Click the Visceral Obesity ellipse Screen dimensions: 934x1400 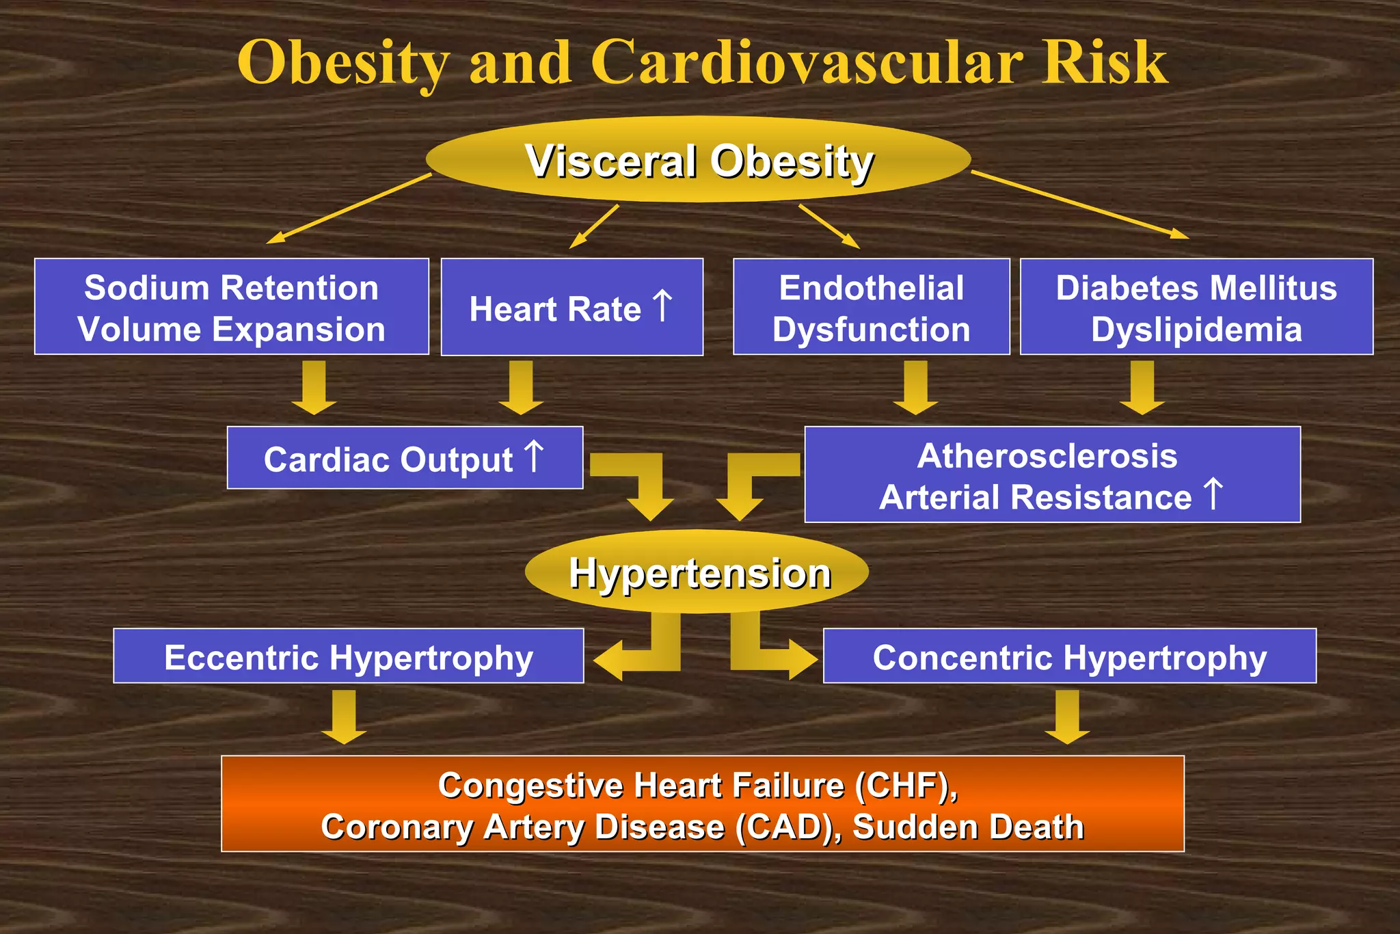click(698, 160)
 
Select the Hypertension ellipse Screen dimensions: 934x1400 click(697, 572)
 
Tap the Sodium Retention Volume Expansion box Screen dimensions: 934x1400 click(232, 307)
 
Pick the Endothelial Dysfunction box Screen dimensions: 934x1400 click(871, 307)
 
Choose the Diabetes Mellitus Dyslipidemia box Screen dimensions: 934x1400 click(1196, 307)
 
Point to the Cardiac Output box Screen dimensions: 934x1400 click(405, 458)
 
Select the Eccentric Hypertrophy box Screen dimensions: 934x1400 click(349, 656)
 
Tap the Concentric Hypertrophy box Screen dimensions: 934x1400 click(1069, 656)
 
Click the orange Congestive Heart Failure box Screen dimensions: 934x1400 click(702, 804)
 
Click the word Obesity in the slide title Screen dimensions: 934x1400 click(343, 63)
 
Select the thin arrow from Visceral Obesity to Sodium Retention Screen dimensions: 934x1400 click(349, 209)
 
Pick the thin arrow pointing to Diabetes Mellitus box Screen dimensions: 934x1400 click(1080, 205)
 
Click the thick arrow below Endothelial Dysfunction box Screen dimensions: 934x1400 click(915, 387)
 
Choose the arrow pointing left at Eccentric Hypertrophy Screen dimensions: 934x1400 click(639, 653)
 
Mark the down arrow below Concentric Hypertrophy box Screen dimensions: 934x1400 click(1067, 717)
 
